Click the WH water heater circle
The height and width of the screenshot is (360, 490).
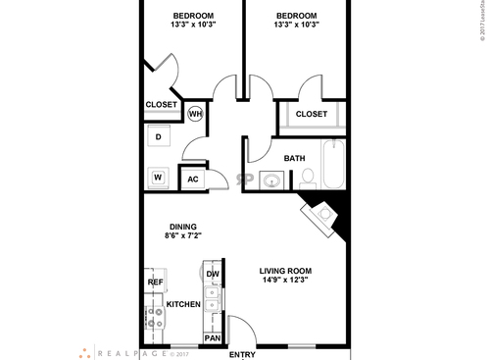pos(195,113)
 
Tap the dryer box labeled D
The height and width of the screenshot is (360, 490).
pos(158,137)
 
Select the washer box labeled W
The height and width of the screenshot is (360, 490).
pos(157,178)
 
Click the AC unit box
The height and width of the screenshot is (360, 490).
pos(192,179)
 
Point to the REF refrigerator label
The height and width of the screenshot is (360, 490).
pos(155,282)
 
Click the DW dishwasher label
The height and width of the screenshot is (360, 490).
pos(212,274)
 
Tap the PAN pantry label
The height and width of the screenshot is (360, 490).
pos(212,338)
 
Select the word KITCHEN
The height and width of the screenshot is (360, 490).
pos(183,305)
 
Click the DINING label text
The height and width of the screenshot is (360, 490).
pos(182,226)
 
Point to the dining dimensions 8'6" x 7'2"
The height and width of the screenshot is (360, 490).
pos(182,236)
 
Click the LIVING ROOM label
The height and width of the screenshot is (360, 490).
pos(285,271)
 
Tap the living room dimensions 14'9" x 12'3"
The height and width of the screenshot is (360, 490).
pos(285,282)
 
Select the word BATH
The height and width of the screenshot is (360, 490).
pos(294,158)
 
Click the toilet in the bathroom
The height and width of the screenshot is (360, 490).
pos(307,178)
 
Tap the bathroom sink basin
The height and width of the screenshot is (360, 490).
pos(269,180)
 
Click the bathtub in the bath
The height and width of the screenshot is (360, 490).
pos(333,165)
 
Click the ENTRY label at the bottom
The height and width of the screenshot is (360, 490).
pos(242,354)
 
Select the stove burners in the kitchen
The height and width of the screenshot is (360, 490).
pos(154,320)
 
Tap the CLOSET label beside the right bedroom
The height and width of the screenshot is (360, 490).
pos(311,114)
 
